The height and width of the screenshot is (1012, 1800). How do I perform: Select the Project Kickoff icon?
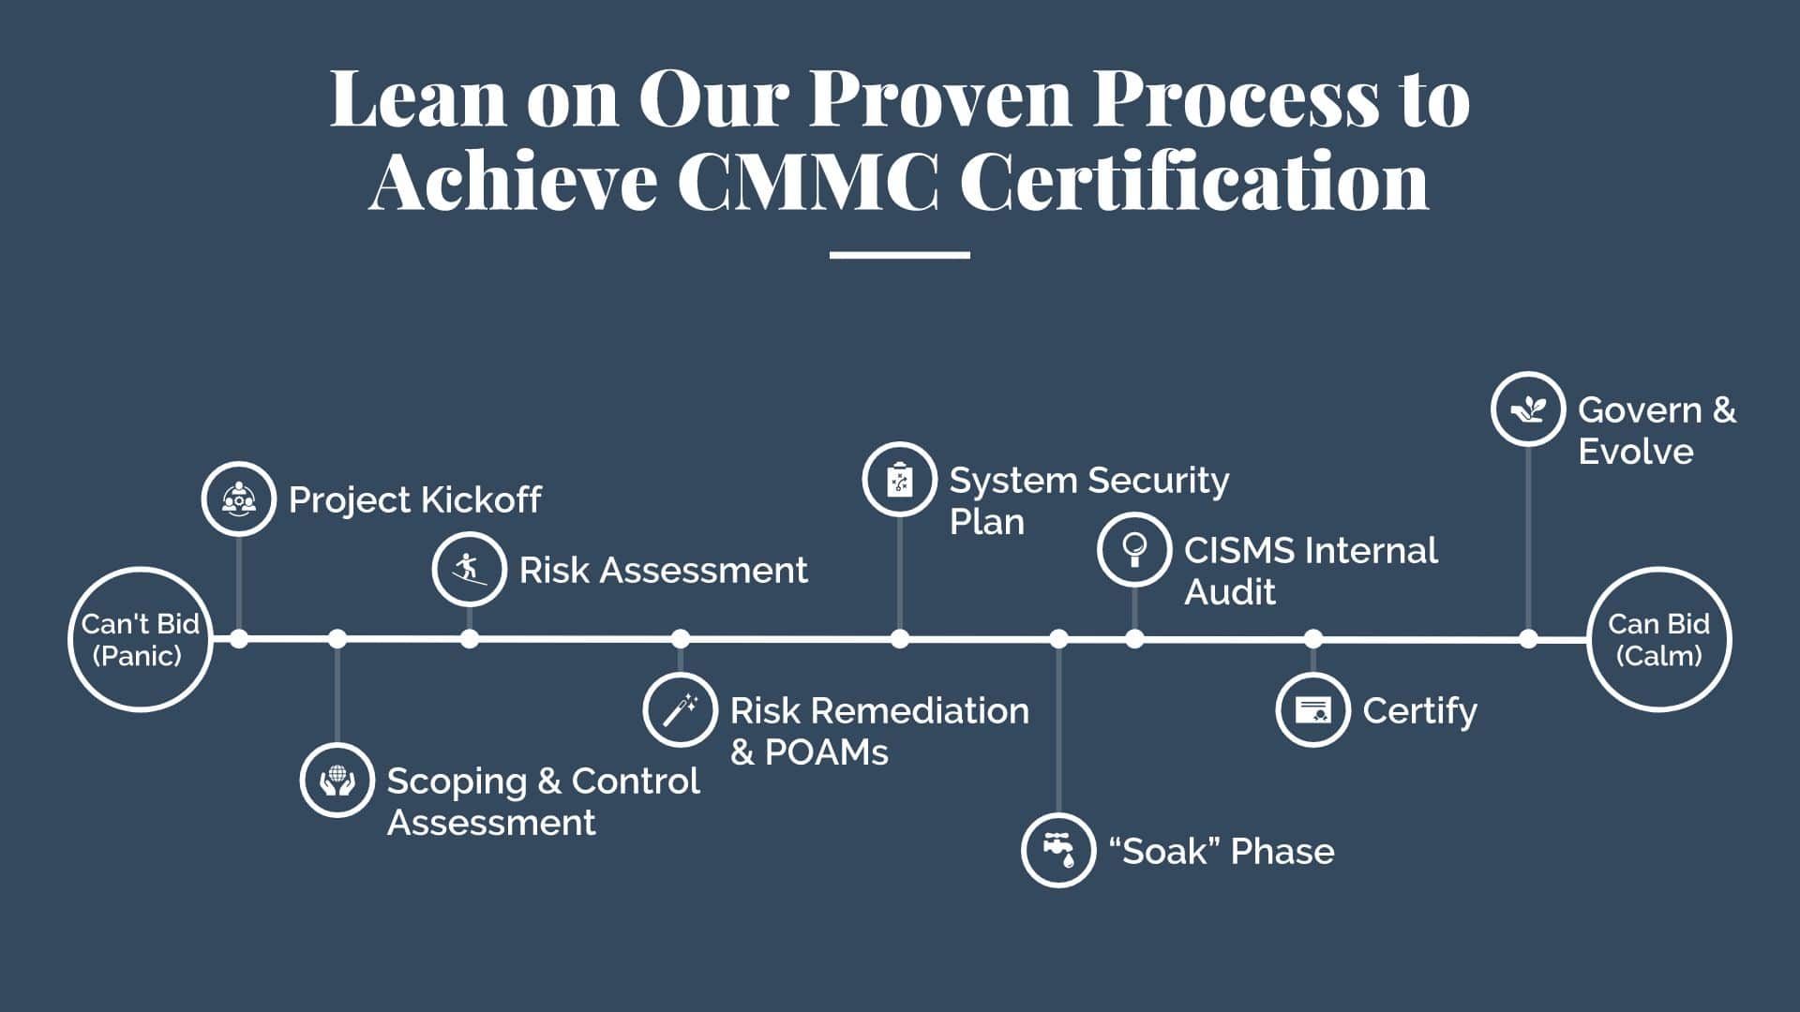[x=239, y=499]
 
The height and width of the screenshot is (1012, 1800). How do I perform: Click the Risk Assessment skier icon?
[x=470, y=569]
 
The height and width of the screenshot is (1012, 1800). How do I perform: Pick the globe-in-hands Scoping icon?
[x=337, y=780]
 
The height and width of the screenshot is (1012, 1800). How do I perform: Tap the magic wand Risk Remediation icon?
[x=681, y=709]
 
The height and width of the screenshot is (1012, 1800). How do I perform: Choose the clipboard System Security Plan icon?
[x=900, y=480]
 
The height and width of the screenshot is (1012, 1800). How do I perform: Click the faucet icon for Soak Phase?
[x=1058, y=850]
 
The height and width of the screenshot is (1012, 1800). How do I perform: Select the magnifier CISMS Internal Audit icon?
[x=1134, y=550]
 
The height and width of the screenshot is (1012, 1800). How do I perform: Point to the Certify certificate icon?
[x=1313, y=709]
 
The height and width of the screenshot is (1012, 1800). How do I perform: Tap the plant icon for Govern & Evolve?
[x=1528, y=409]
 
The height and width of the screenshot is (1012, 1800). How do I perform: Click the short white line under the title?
[x=900, y=254]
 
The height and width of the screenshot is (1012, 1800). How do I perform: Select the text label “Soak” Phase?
[x=1221, y=851]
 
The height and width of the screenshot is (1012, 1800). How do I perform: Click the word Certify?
[x=1419, y=712]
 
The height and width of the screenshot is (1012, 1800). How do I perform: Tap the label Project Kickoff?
[x=414, y=499]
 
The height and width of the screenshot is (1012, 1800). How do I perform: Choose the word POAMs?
[x=826, y=752]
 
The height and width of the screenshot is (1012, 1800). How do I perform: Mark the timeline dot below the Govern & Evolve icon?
[x=1528, y=639]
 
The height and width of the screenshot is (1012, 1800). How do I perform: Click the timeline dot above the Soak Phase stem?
[x=1058, y=639]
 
